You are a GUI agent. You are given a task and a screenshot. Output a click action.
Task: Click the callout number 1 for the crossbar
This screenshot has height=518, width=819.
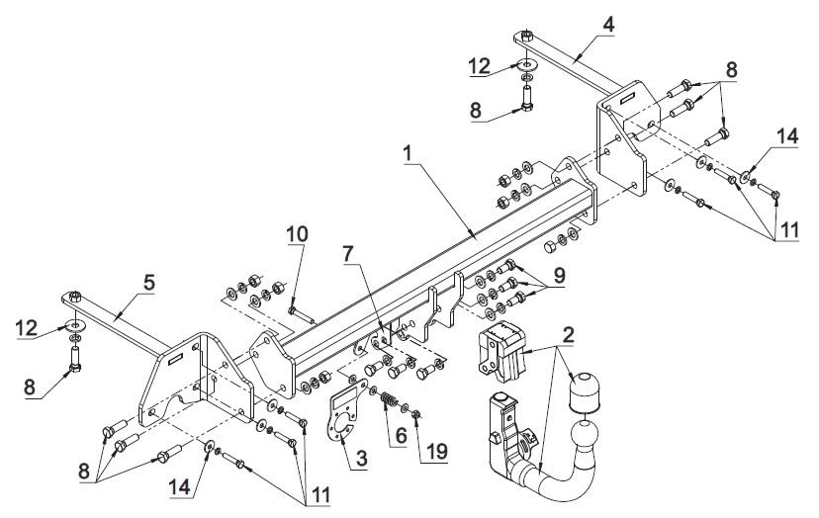pos(408,153)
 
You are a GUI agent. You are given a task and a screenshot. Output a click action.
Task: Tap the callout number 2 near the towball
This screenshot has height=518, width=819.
pos(569,335)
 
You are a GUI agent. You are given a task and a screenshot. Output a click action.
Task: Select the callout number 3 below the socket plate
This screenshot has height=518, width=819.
pos(361,459)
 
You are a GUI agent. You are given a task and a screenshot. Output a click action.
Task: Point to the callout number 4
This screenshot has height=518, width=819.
pos(608,25)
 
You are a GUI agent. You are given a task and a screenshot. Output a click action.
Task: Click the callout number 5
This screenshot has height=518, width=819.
pos(149,283)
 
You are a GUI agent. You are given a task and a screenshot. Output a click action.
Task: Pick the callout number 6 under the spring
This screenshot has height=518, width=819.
pos(401,435)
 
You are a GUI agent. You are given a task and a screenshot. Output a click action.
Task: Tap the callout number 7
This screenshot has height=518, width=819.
pos(348,254)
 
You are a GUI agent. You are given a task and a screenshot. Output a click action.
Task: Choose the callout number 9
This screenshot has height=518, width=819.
pos(560,275)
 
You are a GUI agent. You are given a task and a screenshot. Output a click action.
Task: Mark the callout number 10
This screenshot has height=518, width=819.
pos(297,234)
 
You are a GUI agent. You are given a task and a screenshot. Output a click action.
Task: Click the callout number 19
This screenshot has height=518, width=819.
pos(436,451)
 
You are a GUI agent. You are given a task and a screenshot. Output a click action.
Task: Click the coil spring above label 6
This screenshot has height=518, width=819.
pos(389,403)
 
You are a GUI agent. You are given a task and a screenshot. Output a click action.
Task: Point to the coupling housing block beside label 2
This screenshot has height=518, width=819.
pos(500,350)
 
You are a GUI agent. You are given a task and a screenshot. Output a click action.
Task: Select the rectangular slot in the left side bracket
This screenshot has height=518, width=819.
pos(176,358)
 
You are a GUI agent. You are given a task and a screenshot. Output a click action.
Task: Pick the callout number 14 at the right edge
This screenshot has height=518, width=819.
pos(787,136)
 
